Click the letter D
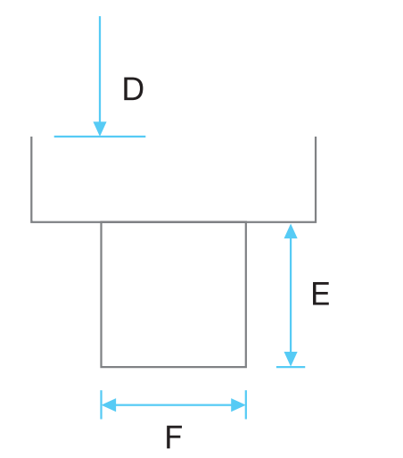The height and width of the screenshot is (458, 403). [x=133, y=88]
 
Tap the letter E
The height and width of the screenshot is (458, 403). [x=320, y=294]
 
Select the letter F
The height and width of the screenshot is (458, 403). [x=174, y=437]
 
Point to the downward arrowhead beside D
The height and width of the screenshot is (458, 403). [x=100, y=129]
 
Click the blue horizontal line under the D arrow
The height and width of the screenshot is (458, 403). [x=100, y=137]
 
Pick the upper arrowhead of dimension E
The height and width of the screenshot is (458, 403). [x=291, y=231]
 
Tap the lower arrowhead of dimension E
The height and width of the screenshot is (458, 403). [x=291, y=359]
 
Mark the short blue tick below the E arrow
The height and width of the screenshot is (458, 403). [x=291, y=367]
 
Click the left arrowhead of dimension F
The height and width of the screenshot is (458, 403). [x=109, y=404]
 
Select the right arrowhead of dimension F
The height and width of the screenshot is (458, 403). [x=238, y=404]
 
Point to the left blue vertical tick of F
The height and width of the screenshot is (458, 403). [x=101, y=404]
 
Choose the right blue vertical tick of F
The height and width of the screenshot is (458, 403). [x=246, y=404]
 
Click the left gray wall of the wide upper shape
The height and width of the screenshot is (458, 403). [x=31, y=179]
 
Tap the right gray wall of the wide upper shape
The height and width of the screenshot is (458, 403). [x=316, y=179]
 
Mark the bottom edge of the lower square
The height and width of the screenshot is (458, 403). [x=174, y=367]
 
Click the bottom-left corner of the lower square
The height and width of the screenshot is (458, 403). [x=101, y=367]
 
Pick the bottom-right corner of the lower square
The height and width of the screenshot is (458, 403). [x=246, y=367]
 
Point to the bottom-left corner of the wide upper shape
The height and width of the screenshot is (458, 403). [x=31, y=222]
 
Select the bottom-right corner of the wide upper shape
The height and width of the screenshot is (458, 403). [x=316, y=222]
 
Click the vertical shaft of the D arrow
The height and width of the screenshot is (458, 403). [x=100, y=69]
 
